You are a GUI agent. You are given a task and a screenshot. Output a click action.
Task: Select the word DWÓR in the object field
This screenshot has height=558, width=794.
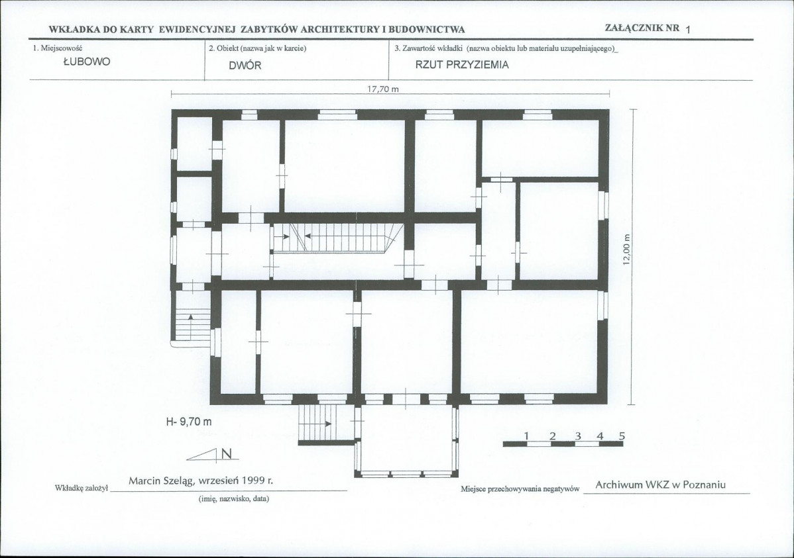[x=245, y=66]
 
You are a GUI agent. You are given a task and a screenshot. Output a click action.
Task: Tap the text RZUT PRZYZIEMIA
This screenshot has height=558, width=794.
[x=462, y=65]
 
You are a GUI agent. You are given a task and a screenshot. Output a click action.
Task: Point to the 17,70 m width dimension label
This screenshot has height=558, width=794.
[x=383, y=89]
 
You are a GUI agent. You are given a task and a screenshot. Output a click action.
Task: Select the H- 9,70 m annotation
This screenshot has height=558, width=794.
[x=190, y=422]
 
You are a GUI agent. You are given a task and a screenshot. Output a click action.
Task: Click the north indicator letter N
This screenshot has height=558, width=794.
[x=227, y=454]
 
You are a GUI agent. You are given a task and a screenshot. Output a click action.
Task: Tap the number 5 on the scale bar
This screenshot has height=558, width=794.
[x=622, y=436]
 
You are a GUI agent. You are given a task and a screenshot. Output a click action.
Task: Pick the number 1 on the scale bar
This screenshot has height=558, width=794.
[x=527, y=436]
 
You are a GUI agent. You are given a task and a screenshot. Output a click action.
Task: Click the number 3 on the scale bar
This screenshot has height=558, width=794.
[x=578, y=436]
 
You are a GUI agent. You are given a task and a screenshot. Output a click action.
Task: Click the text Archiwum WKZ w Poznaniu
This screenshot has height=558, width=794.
[x=660, y=485]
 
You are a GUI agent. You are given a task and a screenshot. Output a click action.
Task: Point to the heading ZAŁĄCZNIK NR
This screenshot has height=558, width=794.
[x=642, y=27]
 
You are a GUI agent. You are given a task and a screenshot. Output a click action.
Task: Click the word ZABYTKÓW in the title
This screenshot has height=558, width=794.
[x=269, y=29]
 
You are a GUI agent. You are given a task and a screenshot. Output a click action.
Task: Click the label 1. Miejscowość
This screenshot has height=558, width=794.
[x=58, y=48]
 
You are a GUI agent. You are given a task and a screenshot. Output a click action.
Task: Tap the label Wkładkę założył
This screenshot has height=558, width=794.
[x=81, y=488]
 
